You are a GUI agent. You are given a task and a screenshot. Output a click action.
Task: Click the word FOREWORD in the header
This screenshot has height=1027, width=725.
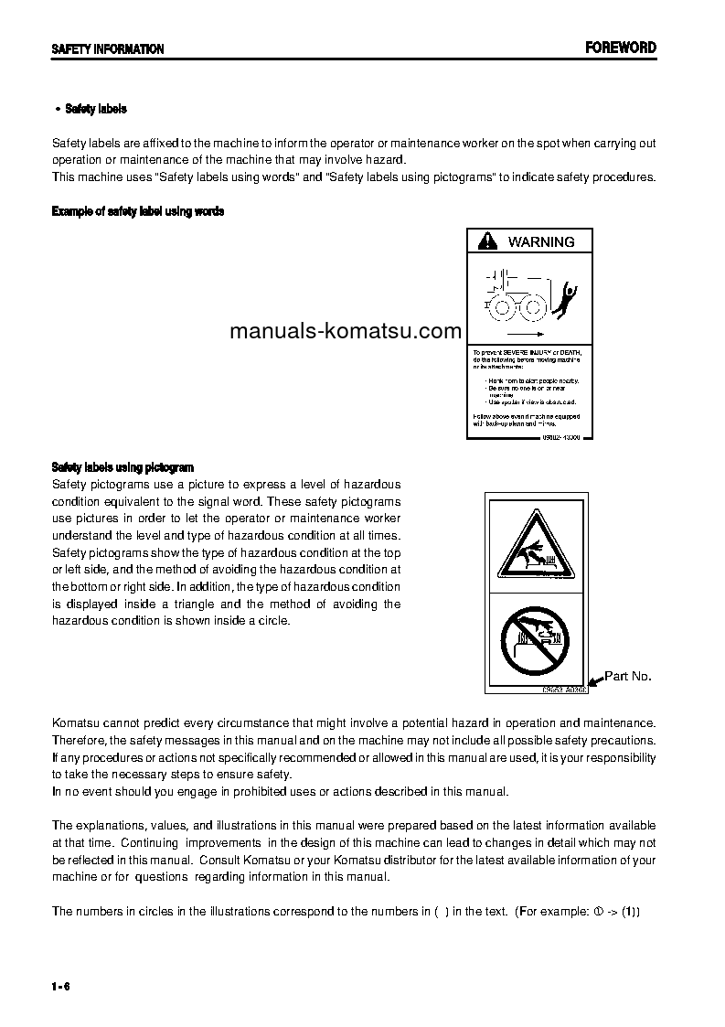point(621,48)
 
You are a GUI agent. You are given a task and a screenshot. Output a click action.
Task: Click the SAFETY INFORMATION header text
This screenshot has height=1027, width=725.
point(108,49)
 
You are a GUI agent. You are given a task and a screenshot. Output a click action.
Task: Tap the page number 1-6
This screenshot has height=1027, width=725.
point(61,985)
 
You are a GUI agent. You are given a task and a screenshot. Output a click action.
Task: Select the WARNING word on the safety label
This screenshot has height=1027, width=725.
point(541,242)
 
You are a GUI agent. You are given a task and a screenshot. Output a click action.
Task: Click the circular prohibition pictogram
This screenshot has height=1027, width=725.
point(536,639)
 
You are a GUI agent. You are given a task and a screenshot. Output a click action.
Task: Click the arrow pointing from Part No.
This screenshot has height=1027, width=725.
point(597,680)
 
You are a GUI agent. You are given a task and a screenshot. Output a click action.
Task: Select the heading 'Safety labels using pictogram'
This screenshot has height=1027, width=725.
point(123,467)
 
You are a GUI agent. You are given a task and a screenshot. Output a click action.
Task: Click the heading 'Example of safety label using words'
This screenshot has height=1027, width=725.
point(138,211)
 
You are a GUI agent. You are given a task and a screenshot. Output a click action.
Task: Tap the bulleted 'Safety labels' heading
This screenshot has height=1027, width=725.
point(95,109)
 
